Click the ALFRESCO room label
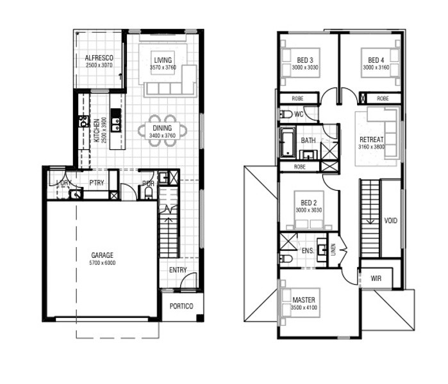point(99,58)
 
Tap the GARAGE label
point(103,255)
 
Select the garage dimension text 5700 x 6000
point(103,263)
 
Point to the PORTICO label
point(181,306)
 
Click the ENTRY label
point(178,270)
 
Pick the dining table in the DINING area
point(163,131)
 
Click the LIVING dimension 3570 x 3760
point(163,68)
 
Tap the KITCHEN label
point(97,131)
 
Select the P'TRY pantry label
point(97,182)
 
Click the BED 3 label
point(305,60)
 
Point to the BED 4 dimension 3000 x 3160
point(376,68)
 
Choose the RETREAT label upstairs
point(372,140)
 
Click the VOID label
point(390,221)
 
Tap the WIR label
point(376,278)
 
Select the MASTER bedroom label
point(304,300)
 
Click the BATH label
point(308,140)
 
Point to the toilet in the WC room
point(286,115)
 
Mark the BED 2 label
point(309,203)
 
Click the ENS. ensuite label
point(308,251)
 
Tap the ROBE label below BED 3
point(298,99)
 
